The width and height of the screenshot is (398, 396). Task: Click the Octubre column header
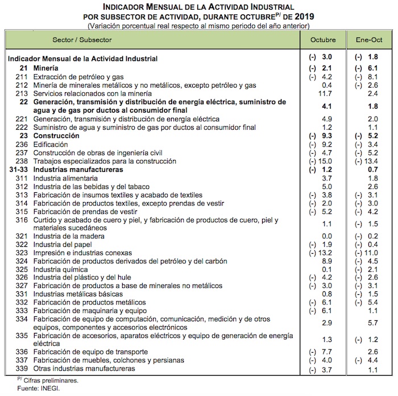[x=323, y=40]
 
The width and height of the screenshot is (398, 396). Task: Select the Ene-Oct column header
[x=369, y=40]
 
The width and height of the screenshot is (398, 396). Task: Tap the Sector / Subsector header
[x=82, y=40]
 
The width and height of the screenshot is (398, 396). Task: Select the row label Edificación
[x=50, y=145]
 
